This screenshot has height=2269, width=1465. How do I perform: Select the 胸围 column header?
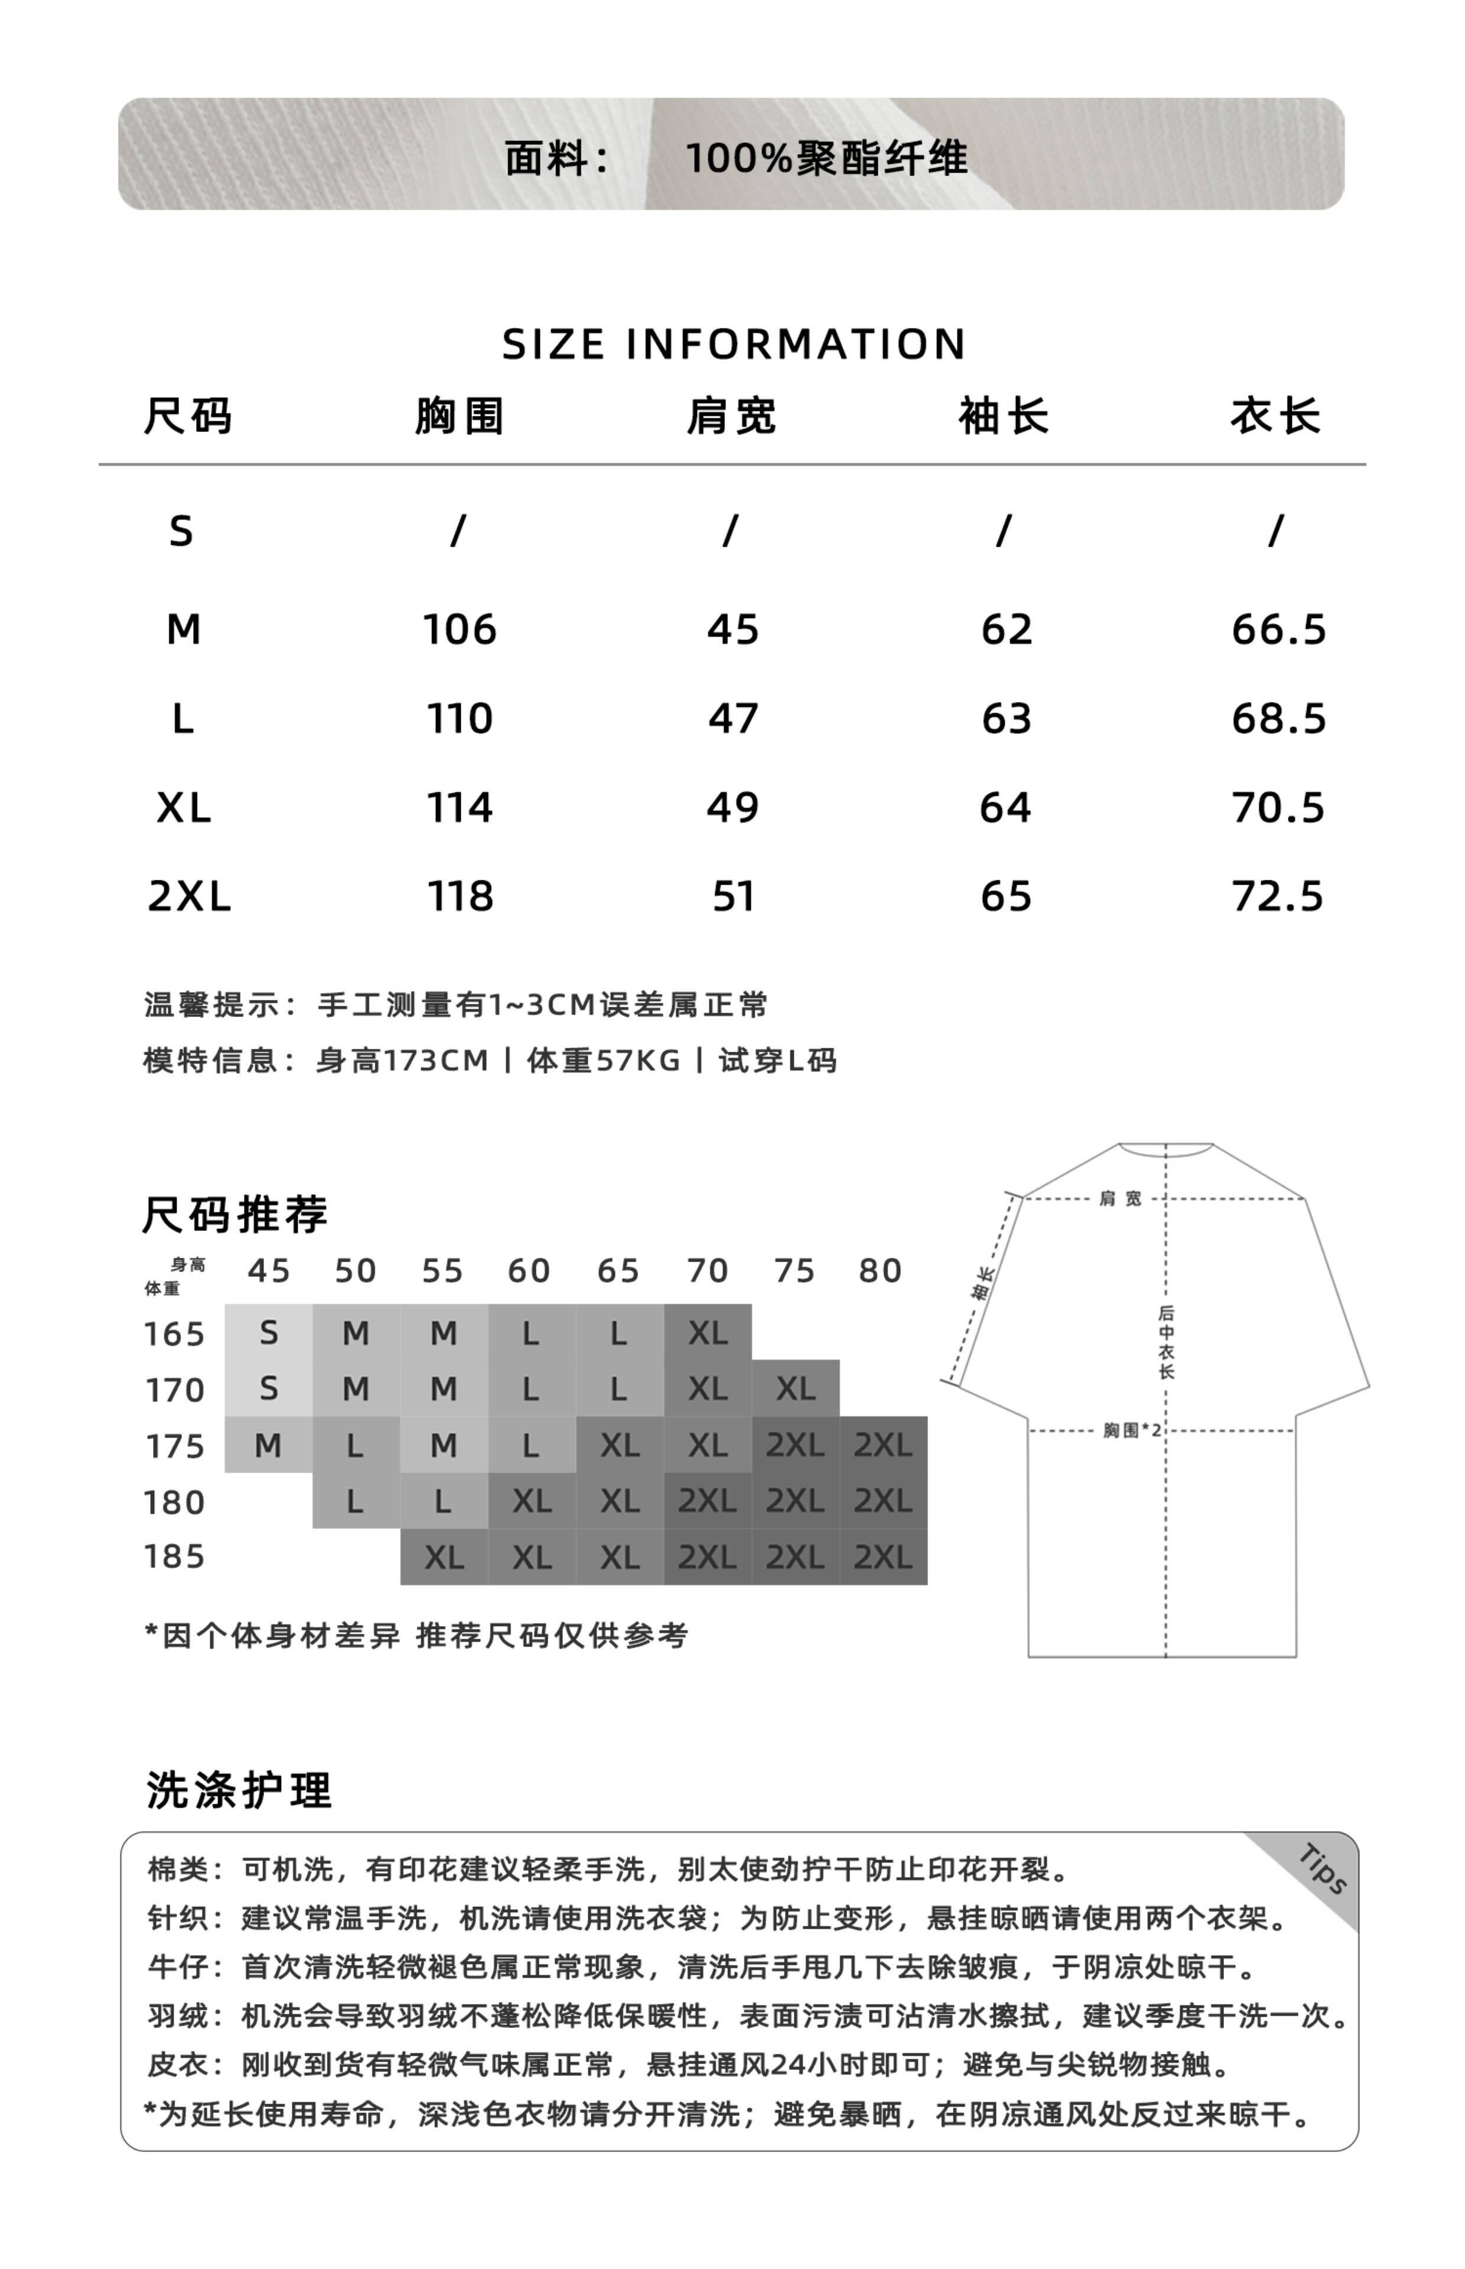tap(458, 417)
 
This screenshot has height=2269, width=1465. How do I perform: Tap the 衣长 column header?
tap(1275, 417)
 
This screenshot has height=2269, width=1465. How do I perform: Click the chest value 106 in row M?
tap(460, 630)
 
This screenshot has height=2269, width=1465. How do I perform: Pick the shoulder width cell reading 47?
tap(732, 719)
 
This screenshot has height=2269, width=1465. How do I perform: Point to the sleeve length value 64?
tap(1005, 808)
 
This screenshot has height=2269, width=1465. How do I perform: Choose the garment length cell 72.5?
tap(1278, 896)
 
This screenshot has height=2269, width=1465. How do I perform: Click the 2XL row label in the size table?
tap(189, 896)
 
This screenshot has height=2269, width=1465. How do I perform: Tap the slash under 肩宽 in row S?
tap(730, 531)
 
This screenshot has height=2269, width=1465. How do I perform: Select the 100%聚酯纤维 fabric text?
tap(826, 158)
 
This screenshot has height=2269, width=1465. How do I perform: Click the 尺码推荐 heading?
tap(235, 1215)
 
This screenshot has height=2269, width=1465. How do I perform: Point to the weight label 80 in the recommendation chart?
tap(880, 1271)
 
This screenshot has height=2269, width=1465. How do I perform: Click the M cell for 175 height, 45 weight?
tap(268, 1445)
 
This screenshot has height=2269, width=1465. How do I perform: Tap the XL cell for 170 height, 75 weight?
tap(795, 1389)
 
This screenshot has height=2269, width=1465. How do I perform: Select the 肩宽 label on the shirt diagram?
tap(1121, 1199)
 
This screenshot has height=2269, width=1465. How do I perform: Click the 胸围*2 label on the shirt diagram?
tap(1132, 1430)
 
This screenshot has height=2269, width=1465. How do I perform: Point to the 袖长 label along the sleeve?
tap(984, 1282)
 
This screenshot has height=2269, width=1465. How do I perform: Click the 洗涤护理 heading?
tap(239, 1790)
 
